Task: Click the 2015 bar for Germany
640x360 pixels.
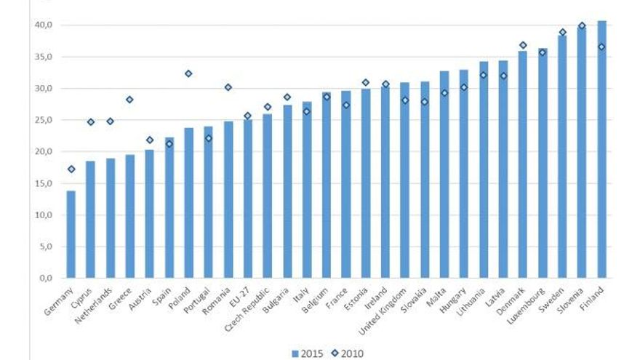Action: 71,234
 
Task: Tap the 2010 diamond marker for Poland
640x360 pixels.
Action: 188,73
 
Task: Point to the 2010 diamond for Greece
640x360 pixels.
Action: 129,100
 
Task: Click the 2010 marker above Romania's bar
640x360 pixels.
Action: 228,87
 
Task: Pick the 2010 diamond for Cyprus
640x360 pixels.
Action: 90,122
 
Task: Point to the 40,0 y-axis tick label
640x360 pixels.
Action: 44,25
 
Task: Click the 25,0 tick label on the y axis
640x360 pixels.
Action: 44,120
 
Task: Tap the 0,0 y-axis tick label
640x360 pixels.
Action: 46,278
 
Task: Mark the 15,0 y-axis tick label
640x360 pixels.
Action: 44,183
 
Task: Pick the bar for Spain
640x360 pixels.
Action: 169,207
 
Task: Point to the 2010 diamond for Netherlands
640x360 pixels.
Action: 110,121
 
